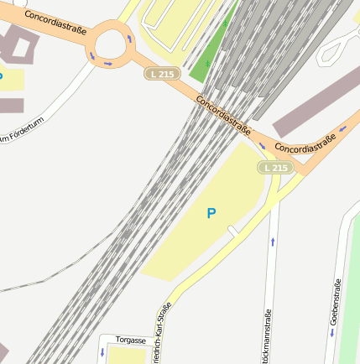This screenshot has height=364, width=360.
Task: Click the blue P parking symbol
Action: click(x=211, y=213)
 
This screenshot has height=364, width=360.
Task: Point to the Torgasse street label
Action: click(x=131, y=341)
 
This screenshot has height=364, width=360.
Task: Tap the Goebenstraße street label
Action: click(x=336, y=301)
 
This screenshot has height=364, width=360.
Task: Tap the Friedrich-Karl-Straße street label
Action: click(x=159, y=332)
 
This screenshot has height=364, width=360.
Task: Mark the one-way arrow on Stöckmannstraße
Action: click(x=272, y=242)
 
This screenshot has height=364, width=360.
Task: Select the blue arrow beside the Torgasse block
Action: click(x=102, y=351)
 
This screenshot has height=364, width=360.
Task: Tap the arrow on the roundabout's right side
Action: click(x=128, y=39)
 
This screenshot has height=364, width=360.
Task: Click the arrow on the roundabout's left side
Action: click(x=92, y=55)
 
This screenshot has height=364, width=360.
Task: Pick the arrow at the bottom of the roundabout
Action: click(x=108, y=64)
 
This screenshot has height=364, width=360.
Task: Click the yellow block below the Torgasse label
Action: click(x=128, y=356)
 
